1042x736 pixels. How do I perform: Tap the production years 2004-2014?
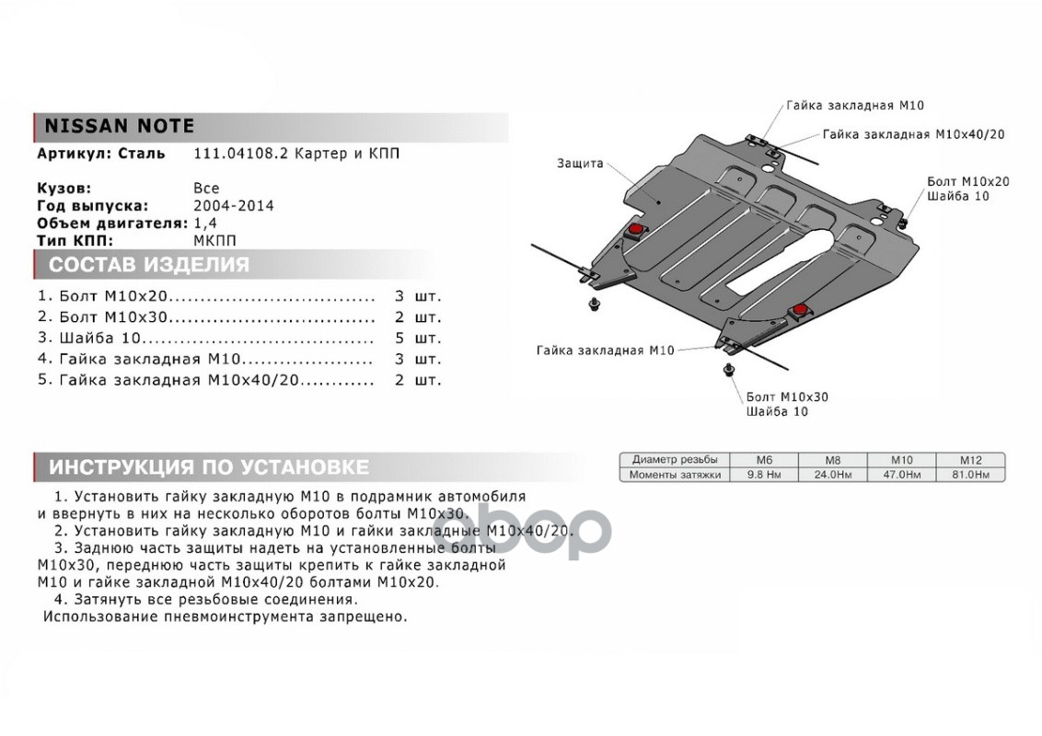coord(234,206)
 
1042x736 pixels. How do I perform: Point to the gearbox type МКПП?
coord(215,240)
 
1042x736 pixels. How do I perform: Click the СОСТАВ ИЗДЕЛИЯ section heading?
coord(148,266)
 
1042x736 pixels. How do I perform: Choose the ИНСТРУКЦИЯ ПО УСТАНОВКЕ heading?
coord(208,466)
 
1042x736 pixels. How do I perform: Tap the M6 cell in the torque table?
coord(764,459)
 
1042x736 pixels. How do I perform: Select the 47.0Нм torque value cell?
coord(900,475)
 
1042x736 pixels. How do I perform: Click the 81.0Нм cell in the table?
coord(970,475)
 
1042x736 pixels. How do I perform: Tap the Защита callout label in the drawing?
coord(580,164)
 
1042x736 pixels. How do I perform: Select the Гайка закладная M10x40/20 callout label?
coord(913,134)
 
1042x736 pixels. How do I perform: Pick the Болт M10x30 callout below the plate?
coord(787,397)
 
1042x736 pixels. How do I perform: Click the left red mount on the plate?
coord(634,228)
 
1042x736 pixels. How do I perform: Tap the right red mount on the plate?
coord(801,309)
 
